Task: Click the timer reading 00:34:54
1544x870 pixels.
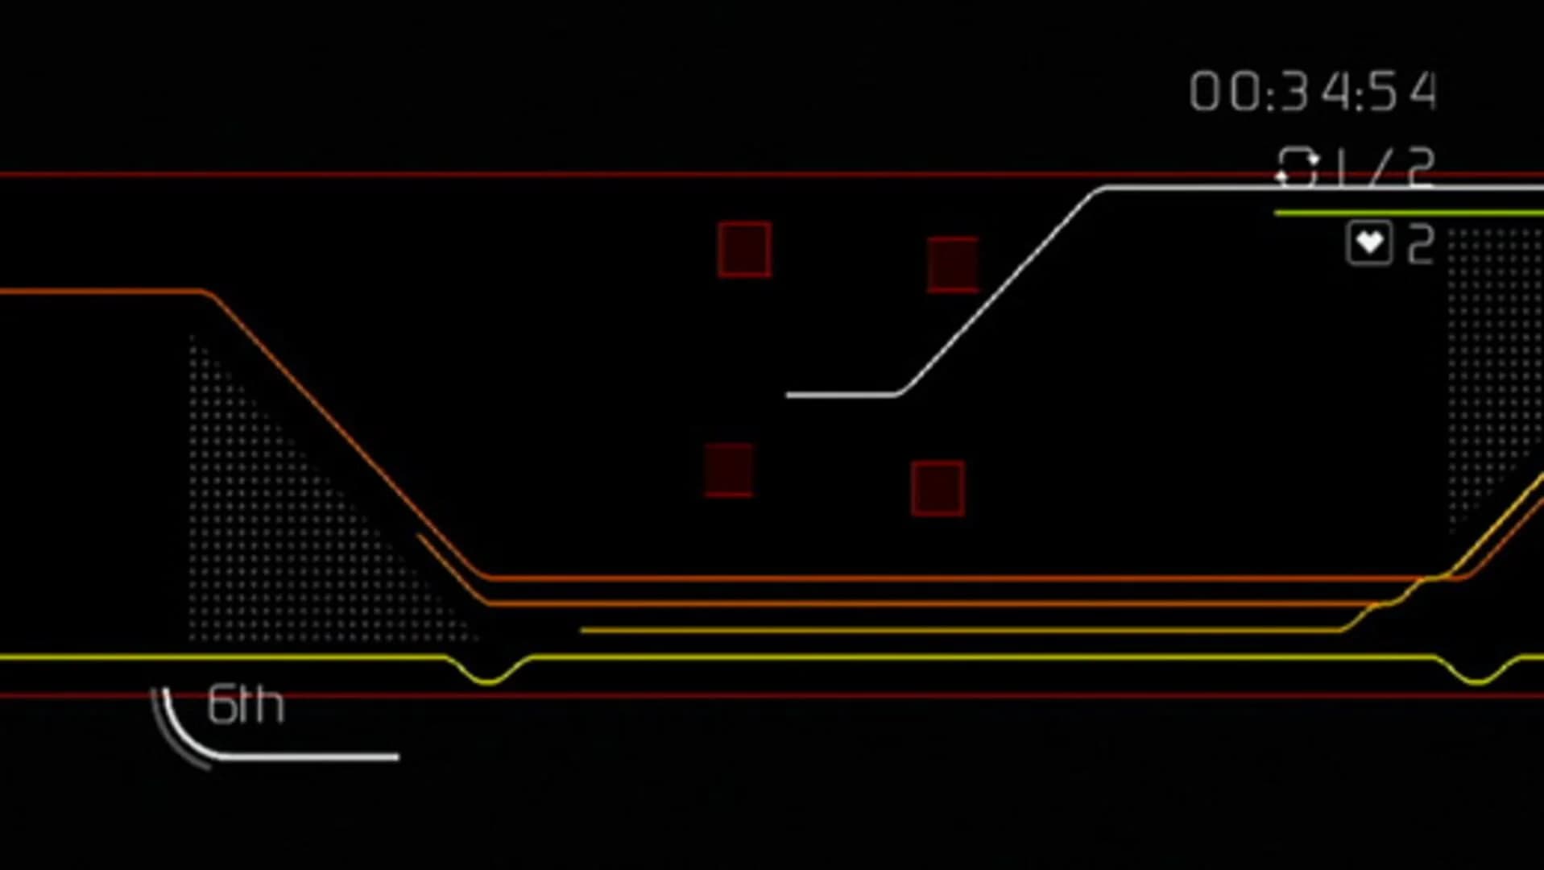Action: coord(1313,91)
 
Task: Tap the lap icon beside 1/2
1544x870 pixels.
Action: coord(1297,168)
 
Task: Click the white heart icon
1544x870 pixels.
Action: coord(1369,243)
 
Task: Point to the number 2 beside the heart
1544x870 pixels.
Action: coord(1421,243)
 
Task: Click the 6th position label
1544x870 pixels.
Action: coord(246,706)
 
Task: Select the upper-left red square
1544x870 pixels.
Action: coord(744,250)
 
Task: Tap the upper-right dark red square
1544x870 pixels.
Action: coord(953,264)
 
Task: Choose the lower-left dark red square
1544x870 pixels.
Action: coord(729,470)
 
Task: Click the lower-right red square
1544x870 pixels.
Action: coord(938,488)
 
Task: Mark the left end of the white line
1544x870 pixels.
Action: coord(789,395)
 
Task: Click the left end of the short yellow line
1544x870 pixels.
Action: coord(583,630)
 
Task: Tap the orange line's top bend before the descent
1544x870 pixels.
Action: coord(208,293)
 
